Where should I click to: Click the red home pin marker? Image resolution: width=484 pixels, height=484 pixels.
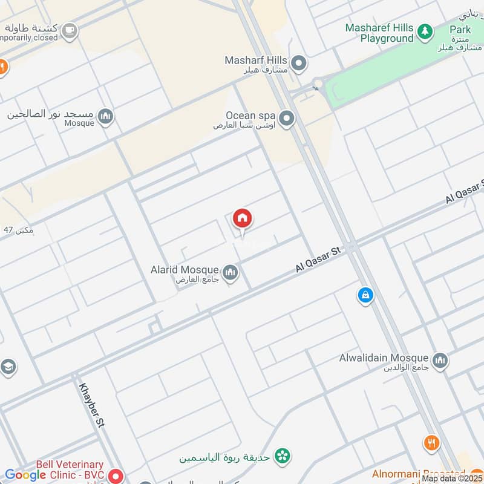pyautogui.click(x=243, y=218)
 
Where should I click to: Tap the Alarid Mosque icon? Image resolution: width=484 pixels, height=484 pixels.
pyautogui.click(x=230, y=273)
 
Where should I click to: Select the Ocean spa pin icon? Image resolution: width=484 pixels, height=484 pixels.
pyautogui.click(x=287, y=119)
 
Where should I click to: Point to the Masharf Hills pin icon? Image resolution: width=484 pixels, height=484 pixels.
pyautogui.click(x=298, y=63)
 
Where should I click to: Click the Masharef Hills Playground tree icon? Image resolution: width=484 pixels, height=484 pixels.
pyautogui.click(x=425, y=31)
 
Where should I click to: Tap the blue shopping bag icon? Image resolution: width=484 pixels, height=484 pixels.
pyautogui.click(x=365, y=295)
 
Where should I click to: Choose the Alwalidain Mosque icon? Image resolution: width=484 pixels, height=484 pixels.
pyautogui.click(x=440, y=361)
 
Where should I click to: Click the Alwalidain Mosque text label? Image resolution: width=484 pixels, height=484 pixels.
pyautogui.click(x=384, y=358)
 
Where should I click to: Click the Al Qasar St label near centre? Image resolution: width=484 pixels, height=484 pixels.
pyautogui.click(x=319, y=258)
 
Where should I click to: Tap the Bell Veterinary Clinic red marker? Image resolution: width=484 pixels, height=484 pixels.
pyautogui.click(x=116, y=476)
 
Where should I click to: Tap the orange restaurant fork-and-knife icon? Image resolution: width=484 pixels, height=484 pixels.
pyautogui.click(x=431, y=443)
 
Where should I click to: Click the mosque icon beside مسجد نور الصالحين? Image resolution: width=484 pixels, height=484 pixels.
pyautogui.click(x=105, y=117)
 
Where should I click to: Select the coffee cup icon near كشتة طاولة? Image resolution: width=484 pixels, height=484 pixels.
pyautogui.click(x=70, y=30)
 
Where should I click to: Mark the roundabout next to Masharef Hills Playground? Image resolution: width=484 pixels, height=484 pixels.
pyautogui.click(x=318, y=83)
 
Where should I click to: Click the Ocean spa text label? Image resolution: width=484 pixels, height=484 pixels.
pyautogui.click(x=250, y=115)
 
